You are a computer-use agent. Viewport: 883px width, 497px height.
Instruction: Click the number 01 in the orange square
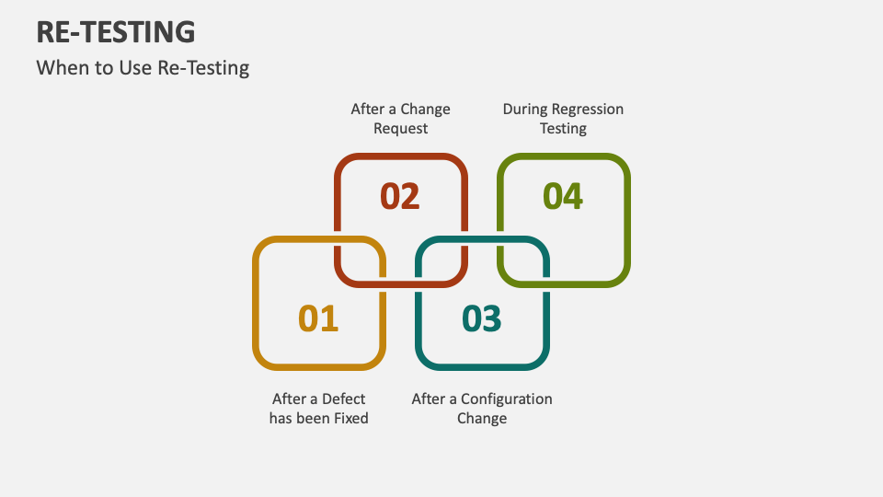click(318, 318)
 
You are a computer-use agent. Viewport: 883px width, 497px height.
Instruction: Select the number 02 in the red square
click(399, 196)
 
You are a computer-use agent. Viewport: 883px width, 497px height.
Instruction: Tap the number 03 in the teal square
click(481, 318)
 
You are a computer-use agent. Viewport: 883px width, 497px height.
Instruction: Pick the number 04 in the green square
click(562, 196)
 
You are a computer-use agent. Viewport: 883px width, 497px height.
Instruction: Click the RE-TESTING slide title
click(116, 32)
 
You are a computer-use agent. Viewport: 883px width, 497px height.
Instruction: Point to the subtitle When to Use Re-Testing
click(143, 68)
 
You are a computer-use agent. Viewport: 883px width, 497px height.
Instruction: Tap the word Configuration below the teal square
click(506, 399)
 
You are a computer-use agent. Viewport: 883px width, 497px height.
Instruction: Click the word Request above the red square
click(400, 129)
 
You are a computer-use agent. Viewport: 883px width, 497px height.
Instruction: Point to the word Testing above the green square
click(563, 129)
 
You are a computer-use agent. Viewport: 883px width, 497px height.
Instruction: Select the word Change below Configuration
click(481, 419)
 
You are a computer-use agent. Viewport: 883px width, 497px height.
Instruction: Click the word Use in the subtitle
click(129, 68)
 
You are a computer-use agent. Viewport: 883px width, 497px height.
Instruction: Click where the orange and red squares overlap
click(360, 261)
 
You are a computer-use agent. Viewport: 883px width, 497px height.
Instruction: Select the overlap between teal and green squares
click(523, 261)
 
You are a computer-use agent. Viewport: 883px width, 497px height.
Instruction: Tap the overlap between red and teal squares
click(441, 261)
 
